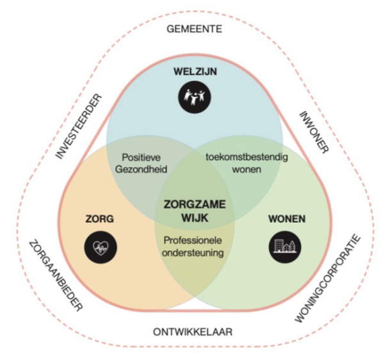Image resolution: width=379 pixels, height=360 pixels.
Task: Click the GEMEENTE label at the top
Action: click(x=195, y=29)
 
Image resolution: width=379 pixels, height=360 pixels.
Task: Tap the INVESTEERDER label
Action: click(x=79, y=126)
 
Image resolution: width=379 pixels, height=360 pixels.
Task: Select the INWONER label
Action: click(x=314, y=132)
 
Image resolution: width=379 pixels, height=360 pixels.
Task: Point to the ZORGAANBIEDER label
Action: click(x=56, y=275)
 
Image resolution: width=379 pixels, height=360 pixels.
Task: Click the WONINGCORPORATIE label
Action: click(x=328, y=278)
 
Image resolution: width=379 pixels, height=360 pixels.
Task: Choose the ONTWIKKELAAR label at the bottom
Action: click(x=193, y=332)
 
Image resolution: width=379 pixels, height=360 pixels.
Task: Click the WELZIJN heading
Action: click(x=195, y=72)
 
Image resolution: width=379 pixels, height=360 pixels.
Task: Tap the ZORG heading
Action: click(x=100, y=219)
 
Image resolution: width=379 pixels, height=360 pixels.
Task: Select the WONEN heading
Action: click(x=287, y=219)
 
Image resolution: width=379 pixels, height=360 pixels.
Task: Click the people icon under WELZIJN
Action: click(x=195, y=97)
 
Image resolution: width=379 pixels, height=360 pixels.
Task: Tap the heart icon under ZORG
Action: click(x=101, y=247)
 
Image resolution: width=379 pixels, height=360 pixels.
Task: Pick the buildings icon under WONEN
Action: click(x=286, y=247)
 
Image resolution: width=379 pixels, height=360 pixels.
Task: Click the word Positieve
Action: click(x=141, y=158)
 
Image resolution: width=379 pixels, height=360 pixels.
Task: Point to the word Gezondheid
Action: click(x=141, y=169)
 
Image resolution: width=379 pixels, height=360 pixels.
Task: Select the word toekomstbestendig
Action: click(x=246, y=157)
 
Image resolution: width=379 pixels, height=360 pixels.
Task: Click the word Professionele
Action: click(x=193, y=240)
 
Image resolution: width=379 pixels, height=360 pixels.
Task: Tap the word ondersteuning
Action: click(x=193, y=252)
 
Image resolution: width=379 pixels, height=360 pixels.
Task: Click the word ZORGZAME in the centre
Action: click(x=195, y=204)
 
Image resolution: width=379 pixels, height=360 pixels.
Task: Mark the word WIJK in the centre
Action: click(x=195, y=218)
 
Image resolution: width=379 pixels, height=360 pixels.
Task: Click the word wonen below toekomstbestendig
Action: click(x=246, y=169)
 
